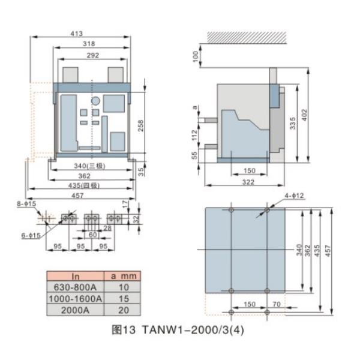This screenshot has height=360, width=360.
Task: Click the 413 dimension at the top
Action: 76,34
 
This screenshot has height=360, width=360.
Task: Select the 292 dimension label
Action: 93,55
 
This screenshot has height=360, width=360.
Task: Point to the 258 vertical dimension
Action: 140,125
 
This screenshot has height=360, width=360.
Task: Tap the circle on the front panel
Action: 95,101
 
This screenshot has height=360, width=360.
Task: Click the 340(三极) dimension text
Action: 89,166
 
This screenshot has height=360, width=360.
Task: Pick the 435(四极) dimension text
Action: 84,185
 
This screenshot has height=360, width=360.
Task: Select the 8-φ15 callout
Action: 26,203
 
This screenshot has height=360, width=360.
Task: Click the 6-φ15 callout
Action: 31,235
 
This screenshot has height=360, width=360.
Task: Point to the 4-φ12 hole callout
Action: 294,196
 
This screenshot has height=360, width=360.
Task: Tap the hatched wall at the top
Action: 247,37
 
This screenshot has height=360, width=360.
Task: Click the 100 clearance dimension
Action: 196,56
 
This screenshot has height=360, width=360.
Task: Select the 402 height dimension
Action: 304,115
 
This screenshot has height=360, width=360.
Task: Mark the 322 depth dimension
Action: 248,182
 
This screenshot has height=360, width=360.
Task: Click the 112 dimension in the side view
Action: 194,135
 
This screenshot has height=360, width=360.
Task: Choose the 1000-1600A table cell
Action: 76,298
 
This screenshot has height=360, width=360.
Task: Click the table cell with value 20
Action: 123,310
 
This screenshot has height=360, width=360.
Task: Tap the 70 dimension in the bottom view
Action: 277,304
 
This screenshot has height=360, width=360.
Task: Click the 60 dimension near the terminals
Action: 92,235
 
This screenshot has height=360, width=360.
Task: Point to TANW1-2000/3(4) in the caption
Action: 193,330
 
